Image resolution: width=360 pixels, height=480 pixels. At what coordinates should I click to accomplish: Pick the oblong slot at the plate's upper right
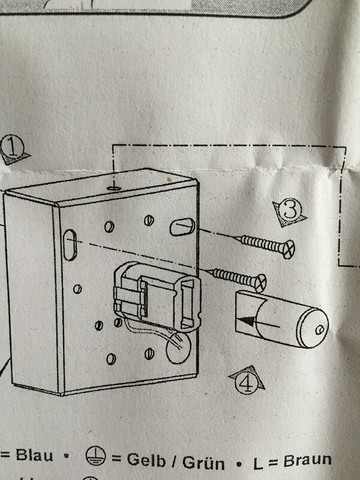181,226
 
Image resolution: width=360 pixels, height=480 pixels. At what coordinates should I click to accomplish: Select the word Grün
202,462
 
